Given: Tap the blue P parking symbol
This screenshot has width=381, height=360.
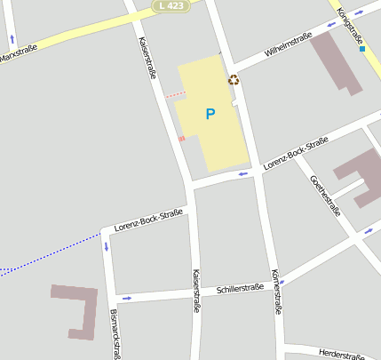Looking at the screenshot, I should coord(210,114).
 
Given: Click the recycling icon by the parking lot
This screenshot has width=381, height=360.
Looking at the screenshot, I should coord(234,80).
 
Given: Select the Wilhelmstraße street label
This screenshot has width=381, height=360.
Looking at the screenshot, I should coord(288,46).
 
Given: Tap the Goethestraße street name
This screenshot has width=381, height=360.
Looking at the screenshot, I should coord(325,195).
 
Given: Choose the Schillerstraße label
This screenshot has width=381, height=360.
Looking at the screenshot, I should coord(240,289).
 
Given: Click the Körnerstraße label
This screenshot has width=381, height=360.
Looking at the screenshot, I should coord(276,292).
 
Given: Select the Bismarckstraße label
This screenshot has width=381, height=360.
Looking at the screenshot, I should coord(114,333).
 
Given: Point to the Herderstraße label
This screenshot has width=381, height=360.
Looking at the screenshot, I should coord(341,354).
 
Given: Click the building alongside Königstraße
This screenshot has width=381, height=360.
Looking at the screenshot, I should coord(336,62).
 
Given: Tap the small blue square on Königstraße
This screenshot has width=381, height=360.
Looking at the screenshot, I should coord(362,49).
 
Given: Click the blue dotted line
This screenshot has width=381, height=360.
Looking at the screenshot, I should coord(53,252).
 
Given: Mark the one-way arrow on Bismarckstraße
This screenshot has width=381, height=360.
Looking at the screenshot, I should coord(106,246).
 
